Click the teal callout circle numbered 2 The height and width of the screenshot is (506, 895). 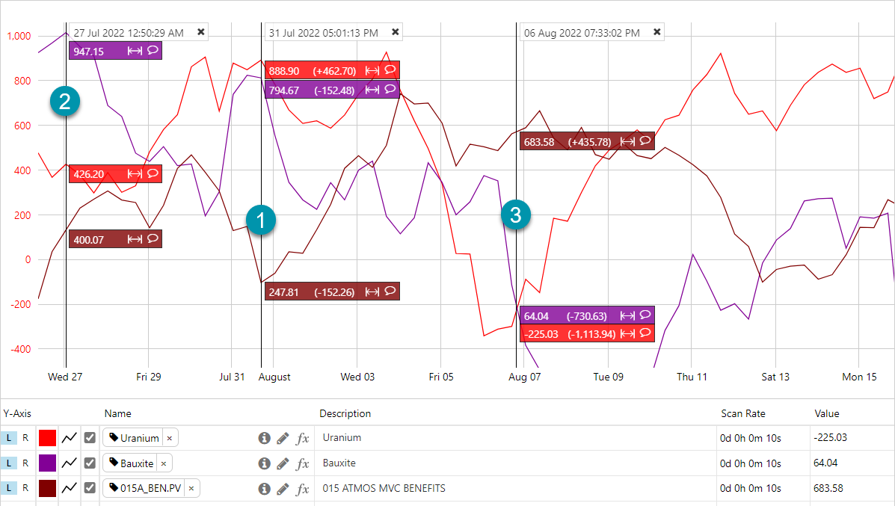(65, 101)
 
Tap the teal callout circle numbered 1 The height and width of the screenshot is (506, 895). (261, 220)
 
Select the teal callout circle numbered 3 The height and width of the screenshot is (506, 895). (515, 215)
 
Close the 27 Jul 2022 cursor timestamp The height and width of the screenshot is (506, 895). (200, 32)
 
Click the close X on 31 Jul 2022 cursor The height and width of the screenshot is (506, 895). (396, 32)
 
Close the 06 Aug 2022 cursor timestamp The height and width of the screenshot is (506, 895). (657, 32)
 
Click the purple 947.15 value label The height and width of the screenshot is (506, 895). (89, 51)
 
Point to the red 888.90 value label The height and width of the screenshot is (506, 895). (284, 70)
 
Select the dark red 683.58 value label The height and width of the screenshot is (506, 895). (539, 141)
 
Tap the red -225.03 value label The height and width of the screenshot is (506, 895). (542, 334)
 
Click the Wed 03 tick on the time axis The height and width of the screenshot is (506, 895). (357, 377)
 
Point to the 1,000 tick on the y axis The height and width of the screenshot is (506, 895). (19, 36)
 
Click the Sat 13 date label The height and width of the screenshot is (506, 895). (775, 377)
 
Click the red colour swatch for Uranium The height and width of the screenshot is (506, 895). (48, 438)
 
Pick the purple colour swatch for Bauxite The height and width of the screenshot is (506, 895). (48, 463)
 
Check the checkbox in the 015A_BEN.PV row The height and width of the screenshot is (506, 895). (90, 488)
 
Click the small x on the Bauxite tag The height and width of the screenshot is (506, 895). (164, 463)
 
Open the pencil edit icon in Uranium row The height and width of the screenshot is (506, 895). (283, 438)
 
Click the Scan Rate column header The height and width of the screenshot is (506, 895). (742, 413)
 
